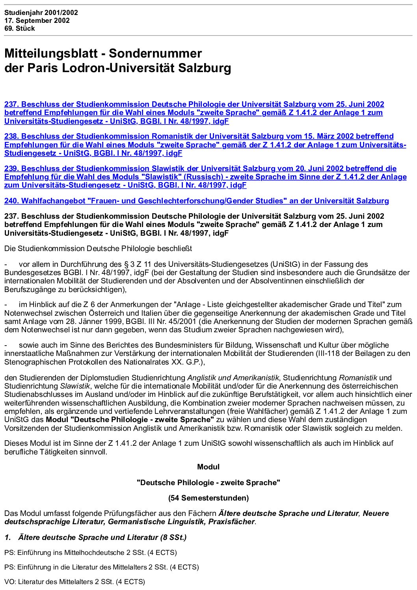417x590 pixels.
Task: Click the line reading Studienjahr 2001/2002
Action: click(41, 13)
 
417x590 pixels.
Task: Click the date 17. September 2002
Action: click(37, 20)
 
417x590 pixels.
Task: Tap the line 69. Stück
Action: click(19, 28)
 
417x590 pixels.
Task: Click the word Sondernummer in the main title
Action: click(155, 53)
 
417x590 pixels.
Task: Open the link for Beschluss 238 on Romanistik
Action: click(205, 145)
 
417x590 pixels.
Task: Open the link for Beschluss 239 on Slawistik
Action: click(205, 177)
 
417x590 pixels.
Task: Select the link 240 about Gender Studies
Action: click(196, 201)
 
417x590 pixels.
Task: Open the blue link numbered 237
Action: click(194, 113)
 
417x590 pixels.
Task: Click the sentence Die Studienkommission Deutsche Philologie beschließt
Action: click(98, 249)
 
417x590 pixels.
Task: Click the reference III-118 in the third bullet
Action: click(328, 354)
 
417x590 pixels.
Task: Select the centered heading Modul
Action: click(208, 467)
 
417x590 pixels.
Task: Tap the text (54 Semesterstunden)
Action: click(208, 498)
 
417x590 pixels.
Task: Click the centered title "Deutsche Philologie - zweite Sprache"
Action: click(208, 483)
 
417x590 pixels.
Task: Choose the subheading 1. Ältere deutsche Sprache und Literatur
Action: click(95, 538)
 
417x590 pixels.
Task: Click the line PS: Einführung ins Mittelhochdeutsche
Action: click(91, 553)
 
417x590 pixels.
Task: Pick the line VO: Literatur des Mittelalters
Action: click(74, 582)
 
